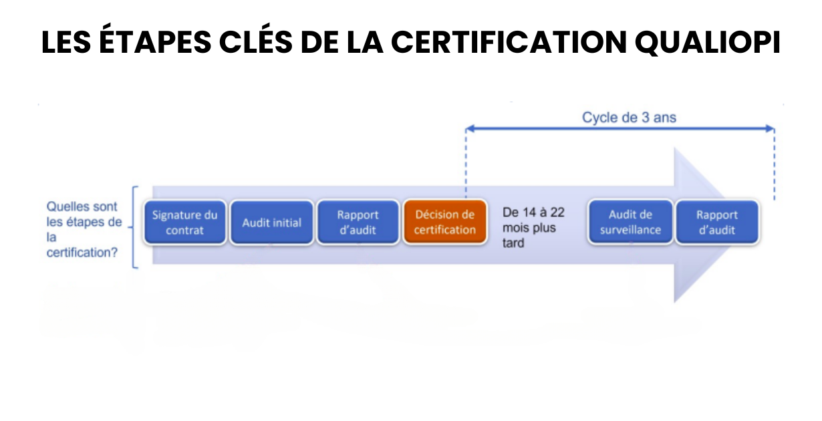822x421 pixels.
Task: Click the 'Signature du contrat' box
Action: pyautogui.click(x=184, y=222)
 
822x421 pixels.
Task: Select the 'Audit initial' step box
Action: pyautogui.click(x=271, y=222)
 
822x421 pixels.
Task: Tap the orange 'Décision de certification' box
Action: pyautogui.click(x=445, y=222)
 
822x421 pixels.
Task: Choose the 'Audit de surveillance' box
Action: pyautogui.click(x=630, y=222)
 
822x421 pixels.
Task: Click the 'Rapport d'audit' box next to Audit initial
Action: pyautogui.click(x=358, y=222)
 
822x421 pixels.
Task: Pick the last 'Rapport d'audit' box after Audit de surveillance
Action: pyautogui.click(x=717, y=222)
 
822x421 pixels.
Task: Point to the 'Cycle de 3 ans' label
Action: pyautogui.click(x=629, y=118)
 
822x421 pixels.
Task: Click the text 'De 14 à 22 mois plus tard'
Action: pyautogui.click(x=533, y=228)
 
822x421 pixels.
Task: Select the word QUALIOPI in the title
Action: pyautogui.click(x=708, y=42)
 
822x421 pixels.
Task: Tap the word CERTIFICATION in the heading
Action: pyautogui.click(x=509, y=42)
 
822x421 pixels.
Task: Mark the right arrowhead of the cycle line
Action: pyautogui.click(x=771, y=128)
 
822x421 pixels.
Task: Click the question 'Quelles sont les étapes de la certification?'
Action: pyautogui.click(x=84, y=229)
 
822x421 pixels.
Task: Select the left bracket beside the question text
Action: pyautogui.click(x=134, y=227)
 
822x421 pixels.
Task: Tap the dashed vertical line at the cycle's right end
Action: pyautogui.click(x=775, y=164)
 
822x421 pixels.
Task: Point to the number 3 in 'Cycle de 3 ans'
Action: pyautogui.click(x=646, y=118)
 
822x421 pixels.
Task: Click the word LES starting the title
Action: pyautogui.click(x=66, y=42)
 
